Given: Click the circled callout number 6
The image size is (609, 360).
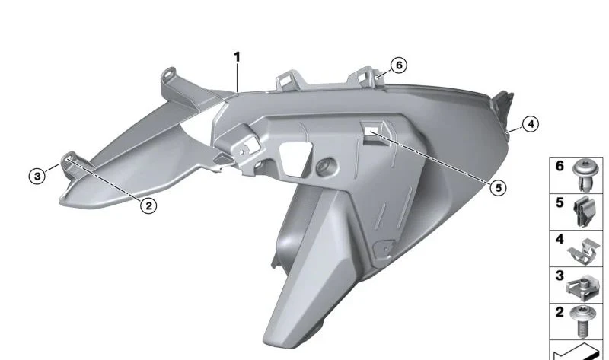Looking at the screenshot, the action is click(x=399, y=65).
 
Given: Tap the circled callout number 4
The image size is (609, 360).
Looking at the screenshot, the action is click(x=531, y=124).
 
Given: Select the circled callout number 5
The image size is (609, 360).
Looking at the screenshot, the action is click(x=499, y=188).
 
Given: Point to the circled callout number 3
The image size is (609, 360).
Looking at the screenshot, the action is click(x=37, y=176).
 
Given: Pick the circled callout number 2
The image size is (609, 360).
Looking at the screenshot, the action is click(x=148, y=205).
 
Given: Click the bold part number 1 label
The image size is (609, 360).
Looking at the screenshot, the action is click(x=237, y=57).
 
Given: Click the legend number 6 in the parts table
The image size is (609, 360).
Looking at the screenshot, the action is click(x=560, y=166).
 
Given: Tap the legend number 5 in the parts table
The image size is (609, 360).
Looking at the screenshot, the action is click(x=560, y=202).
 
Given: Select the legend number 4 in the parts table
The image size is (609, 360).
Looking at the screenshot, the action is click(x=560, y=239).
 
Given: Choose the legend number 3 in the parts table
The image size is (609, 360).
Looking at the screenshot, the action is click(x=560, y=276).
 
